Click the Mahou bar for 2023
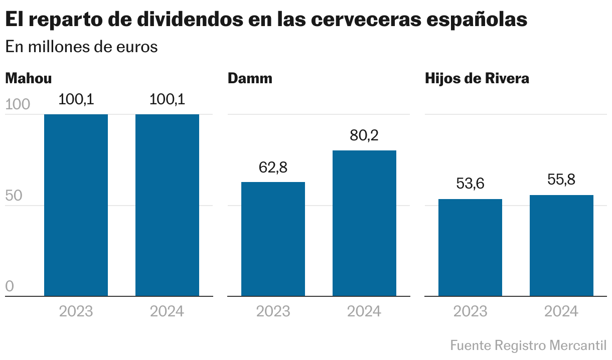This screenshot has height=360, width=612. click(76, 205)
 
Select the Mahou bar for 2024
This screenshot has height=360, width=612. click(167, 205)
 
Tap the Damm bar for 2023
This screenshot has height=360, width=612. click(273, 239)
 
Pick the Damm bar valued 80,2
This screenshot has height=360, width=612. click(364, 223)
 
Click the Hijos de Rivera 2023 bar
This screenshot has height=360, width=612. click(470, 248)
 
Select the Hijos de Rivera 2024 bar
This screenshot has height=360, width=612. click(561, 246)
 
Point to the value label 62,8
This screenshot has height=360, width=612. click(273, 167)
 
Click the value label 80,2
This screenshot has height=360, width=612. click(364, 136)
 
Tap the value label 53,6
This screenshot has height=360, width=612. click(470, 184)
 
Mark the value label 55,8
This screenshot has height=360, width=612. click(561, 180)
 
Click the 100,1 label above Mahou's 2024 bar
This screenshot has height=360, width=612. click(167, 99)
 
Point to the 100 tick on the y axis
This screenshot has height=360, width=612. click(18, 105)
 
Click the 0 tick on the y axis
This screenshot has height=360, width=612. click(10, 287)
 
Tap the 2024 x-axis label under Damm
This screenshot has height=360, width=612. click(364, 311)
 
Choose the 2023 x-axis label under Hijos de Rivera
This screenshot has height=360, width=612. click(470, 311)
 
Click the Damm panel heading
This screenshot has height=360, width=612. click(250, 79)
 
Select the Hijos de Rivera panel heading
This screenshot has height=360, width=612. click(477, 79)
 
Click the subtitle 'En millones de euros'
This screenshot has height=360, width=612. click(81, 47)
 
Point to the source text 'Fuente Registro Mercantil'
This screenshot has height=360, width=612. click(528, 345)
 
